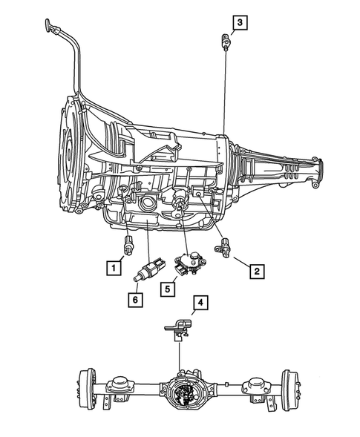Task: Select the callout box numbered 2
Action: pyautogui.click(x=255, y=272)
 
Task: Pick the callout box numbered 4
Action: pyautogui.click(x=199, y=302)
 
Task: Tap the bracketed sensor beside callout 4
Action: pyautogui.click(x=177, y=327)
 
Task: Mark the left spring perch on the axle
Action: pyautogui.click(x=117, y=386)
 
